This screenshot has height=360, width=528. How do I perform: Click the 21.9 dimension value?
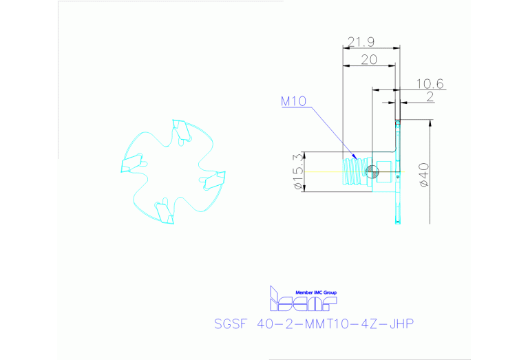tap(360, 42)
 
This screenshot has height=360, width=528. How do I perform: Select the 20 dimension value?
tap(368, 60)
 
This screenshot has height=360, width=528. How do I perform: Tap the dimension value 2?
tap(430, 97)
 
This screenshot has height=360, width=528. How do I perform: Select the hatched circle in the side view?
tap(372, 171)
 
